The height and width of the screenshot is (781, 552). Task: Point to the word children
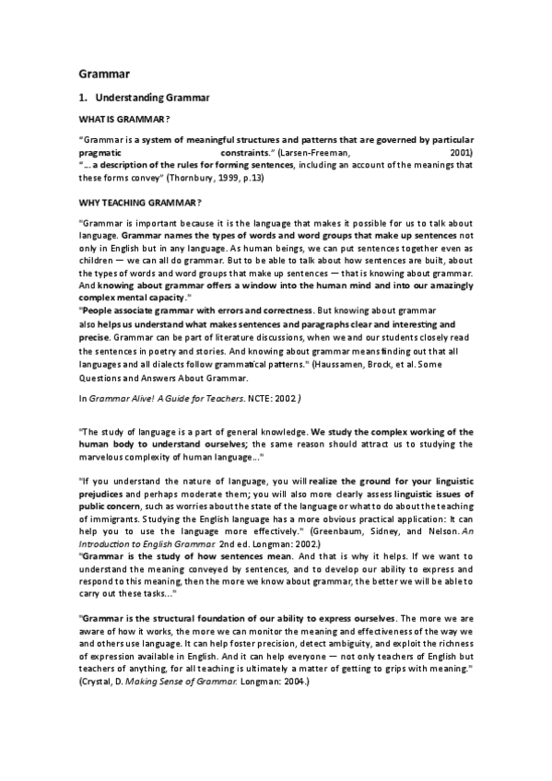pyautogui.click(x=98, y=262)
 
